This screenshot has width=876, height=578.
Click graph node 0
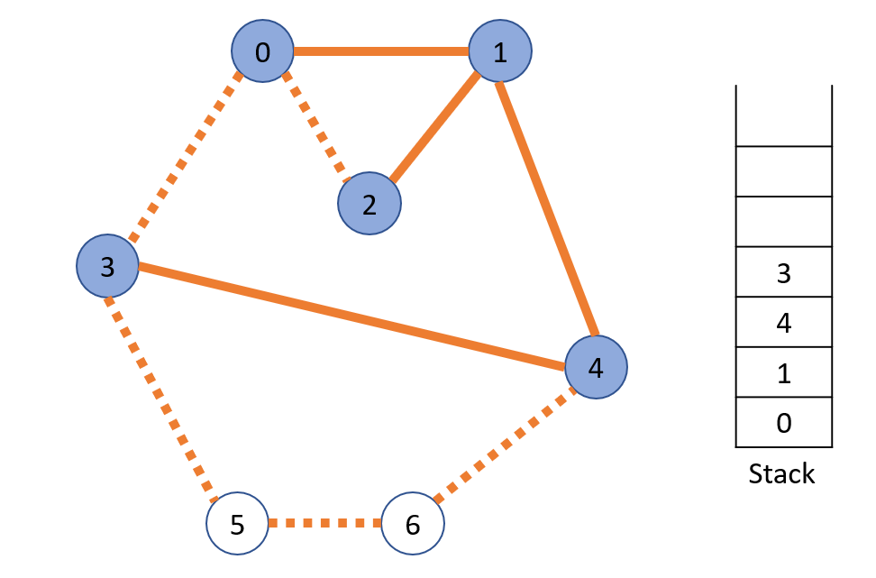[262, 51]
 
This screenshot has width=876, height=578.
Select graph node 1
[499, 51]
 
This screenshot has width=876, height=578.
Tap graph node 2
[369, 204]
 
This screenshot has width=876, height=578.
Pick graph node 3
[107, 267]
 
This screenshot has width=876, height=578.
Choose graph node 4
[595, 367]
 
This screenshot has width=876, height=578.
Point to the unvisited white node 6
[413, 524]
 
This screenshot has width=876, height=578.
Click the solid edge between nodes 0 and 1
[380, 51]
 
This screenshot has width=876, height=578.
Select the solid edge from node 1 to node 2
[434, 128]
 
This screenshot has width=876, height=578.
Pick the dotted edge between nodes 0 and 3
[186, 159]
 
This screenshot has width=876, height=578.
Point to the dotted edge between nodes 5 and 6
[324, 523]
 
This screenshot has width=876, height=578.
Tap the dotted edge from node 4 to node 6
[505, 445]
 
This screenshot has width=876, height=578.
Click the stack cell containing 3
[783, 272]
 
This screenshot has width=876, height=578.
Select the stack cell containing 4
[783, 323]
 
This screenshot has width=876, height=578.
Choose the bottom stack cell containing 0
[783, 423]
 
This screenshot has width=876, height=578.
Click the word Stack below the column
[781, 474]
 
